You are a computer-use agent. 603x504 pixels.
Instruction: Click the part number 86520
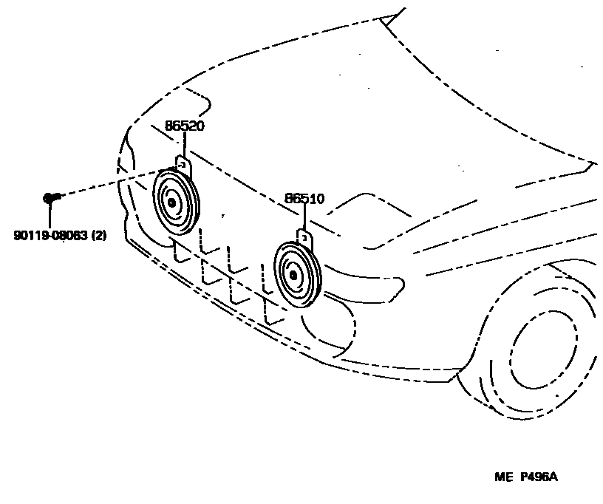[x=184, y=126]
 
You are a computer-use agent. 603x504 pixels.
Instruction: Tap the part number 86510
[x=304, y=199]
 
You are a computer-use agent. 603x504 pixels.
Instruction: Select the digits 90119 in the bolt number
[x=28, y=236]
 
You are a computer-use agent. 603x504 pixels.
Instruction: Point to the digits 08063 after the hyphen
[x=72, y=236]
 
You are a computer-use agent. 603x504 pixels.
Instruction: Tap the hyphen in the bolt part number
[x=50, y=236]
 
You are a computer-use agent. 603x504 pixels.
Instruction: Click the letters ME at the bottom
[x=503, y=477]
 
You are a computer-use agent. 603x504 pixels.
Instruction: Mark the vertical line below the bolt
[x=50, y=214]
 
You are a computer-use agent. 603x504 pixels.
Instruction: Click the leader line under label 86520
[x=184, y=143]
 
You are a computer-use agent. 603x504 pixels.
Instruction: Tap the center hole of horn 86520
[x=172, y=203]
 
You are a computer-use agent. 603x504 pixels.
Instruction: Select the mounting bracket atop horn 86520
[x=183, y=165]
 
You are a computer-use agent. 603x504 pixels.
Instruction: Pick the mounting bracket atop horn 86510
[x=304, y=237]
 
